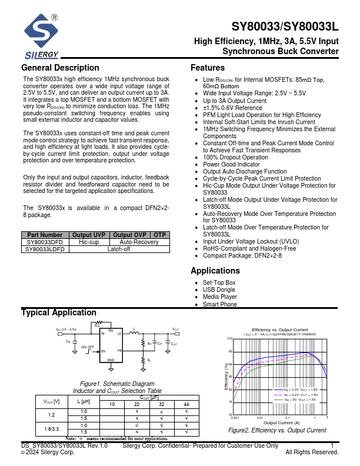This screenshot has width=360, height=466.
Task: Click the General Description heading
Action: (x=60, y=68)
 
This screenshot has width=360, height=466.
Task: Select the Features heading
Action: (x=208, y=68)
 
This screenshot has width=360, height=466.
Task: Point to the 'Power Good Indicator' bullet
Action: (x=231, y=164)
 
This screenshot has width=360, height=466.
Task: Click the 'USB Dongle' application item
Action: (x=219, y=289)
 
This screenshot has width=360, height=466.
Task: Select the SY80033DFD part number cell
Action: (x=45, y=242)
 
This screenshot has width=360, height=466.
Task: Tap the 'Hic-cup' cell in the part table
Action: (x=88, y=242)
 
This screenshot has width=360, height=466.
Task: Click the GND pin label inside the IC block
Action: (x=111, y=358)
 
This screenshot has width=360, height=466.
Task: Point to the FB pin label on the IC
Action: (x=119, y=350)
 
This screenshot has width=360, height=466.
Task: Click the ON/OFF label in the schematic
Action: (x=87, y=347)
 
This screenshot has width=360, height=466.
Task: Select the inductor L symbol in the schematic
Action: (x=134, y=333)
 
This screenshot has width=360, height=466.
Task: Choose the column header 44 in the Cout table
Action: (x=186, y=404)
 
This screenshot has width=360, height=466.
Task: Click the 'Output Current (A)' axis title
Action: (x=281, y=422)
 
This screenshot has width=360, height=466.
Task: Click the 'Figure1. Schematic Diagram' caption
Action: (x=117, y=384)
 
